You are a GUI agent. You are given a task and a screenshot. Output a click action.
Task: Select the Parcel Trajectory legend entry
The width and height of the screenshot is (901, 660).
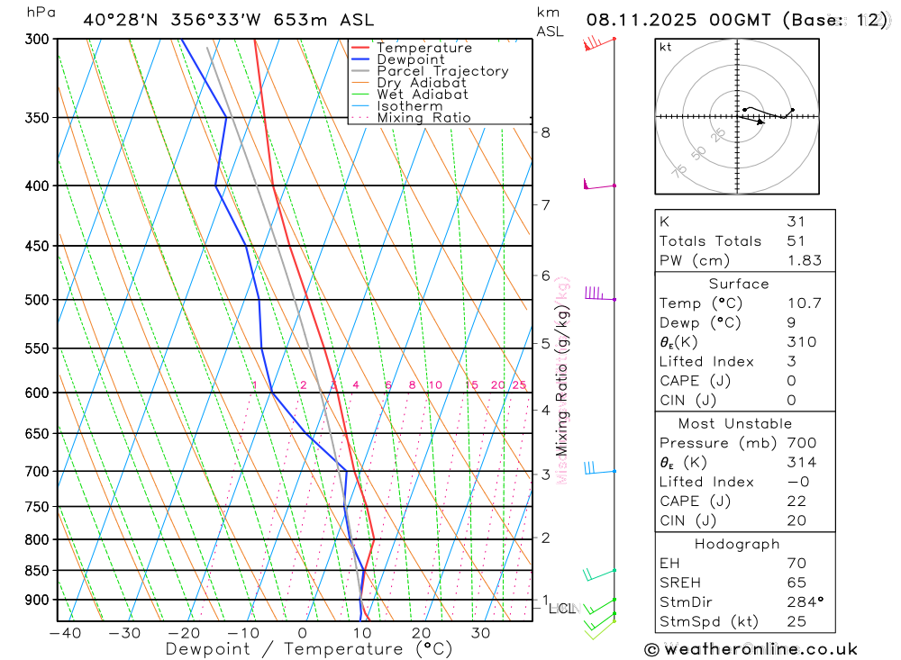click(442, 71)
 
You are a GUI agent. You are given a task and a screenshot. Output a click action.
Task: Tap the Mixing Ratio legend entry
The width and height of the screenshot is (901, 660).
click(423, 117)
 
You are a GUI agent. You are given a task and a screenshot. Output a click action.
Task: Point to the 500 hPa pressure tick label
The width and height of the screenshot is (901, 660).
click(37, 299)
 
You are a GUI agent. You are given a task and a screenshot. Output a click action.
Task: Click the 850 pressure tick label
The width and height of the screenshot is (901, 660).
click(37, 570)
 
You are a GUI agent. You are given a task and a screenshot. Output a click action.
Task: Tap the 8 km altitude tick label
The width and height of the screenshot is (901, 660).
click(545, 132)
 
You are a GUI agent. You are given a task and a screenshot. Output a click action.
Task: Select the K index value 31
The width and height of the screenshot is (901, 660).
click(796, 222)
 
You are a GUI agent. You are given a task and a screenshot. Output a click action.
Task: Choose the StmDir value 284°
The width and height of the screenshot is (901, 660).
click(802, 602)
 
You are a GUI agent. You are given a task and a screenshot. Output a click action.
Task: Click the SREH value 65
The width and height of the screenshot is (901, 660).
click(796, 583)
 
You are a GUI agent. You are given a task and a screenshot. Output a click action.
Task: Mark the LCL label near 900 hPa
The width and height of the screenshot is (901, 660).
click(561, 609)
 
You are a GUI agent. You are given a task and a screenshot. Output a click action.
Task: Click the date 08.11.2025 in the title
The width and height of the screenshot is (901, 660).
click(636, 19)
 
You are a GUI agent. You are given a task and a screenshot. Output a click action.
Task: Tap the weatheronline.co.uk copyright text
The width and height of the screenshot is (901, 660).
click(751, 649)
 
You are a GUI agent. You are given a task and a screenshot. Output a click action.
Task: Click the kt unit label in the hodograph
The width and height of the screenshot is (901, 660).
click(665, 47)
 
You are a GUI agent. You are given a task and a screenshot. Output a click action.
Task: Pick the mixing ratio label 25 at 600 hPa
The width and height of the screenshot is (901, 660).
click(519, 385)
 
